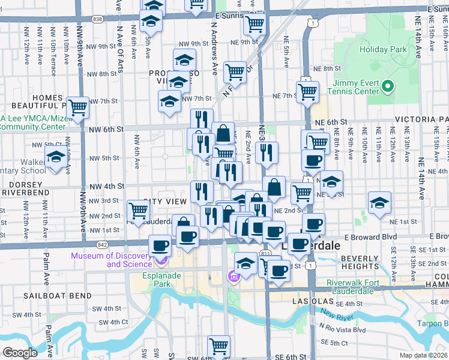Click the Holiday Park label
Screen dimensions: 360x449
pyautogui.click(x=382, y=50)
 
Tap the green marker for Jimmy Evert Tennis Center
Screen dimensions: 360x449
pyautogui.click(x=388, y=87)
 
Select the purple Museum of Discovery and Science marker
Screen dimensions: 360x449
pyautogui.click(x=160, y=260)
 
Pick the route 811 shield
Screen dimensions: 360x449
pyautogui.click(x=265, y=254)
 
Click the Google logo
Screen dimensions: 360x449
pyautogui.click(x=20, y=353)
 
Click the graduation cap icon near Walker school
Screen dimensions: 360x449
pyautogui.click(x=56, y=157)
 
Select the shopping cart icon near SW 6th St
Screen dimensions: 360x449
pyautogui.click(x=218, y=346)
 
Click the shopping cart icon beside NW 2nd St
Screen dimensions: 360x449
pyautogui.click(x=139, y=211)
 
